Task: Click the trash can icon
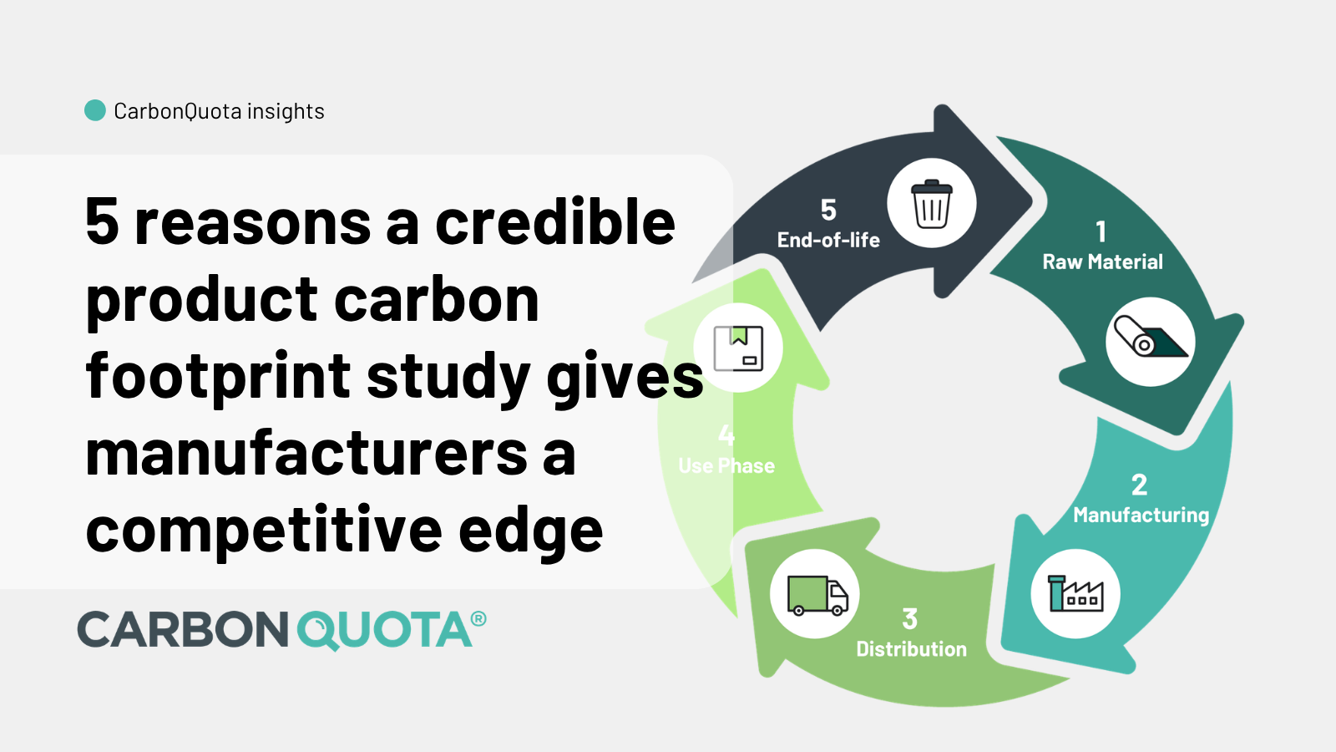pyautogui.click(x=932, y=204)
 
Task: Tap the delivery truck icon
pyautogui.click(x=817, y=595)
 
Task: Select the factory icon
pyautogui.click(x=1075, y=593)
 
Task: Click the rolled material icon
pyautogui.click(x=1150, y=341)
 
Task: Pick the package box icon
pyautogui.click(x=738, y=348)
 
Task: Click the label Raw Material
pyautogui.click(x=1102, y=262)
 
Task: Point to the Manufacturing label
pyautogui.click(x=1141, y=515)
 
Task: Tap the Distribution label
pyautogui.click(x=911, y=649)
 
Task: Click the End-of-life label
pyautogui.click(x=828, y=241)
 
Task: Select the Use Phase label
pyautogui.click(x=726, y=465)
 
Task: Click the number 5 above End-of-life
pyautogui.click(x=828, y=210)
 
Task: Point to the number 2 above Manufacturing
pyautogui.click(x=1139, y=485)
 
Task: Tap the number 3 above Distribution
pyautogui.click(x=910, y=619)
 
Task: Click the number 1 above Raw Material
pyautogui.click(x=1101, y=231)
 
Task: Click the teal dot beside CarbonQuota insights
pyautogui.click(x=95, y=110)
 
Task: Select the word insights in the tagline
pyautogui.click(x=286, y=111)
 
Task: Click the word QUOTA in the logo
pyautogui.click(x=385, y=630)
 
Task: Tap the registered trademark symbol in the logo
pyautogui.click(x=478, y=619)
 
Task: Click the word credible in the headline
pyautogui.click(x=555, y=222)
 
